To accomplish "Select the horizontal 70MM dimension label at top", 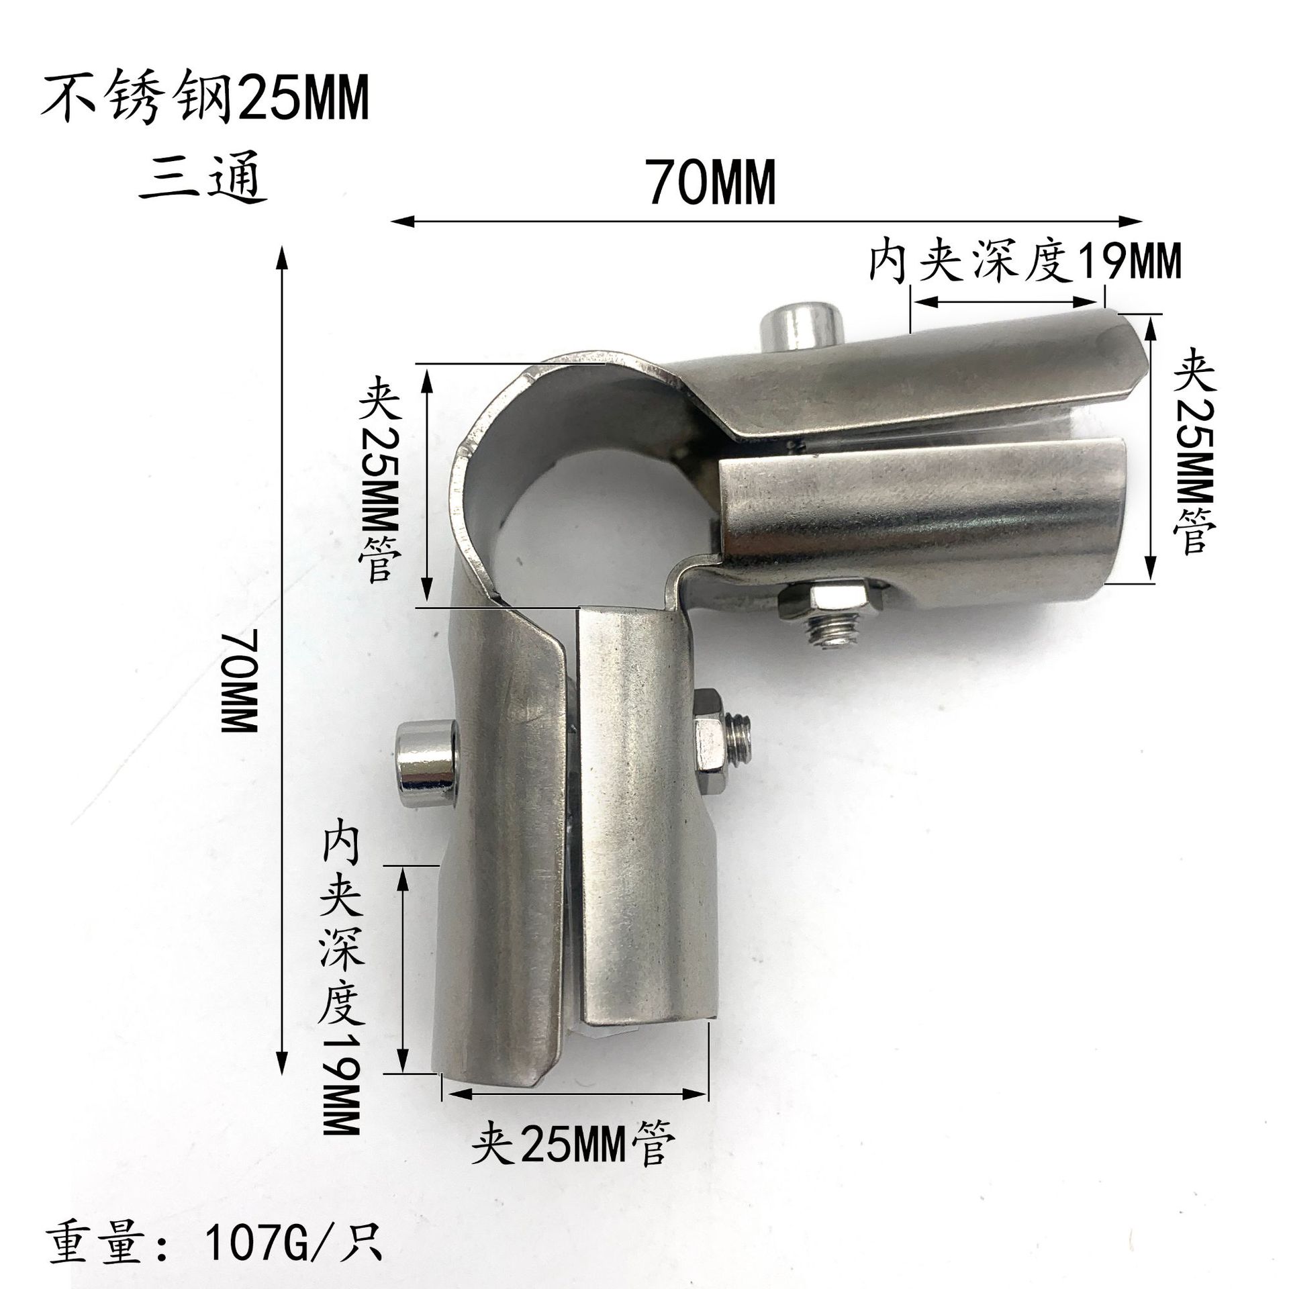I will (x=712, y=181).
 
